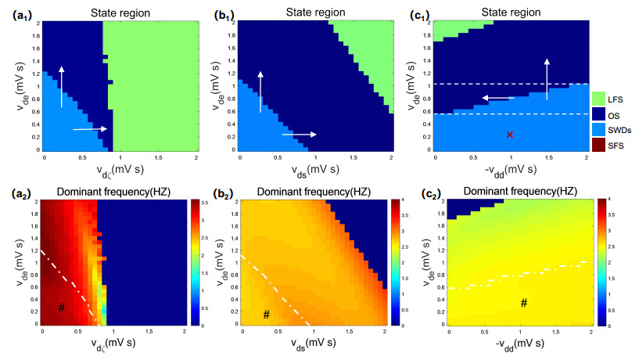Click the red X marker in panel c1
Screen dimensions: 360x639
click(x=510, y=135)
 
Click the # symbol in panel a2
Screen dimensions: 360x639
click(x=62, y=308)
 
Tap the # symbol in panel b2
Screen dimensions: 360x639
click(x=266, y=315)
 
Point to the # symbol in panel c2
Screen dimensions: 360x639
click(x=524, y=302)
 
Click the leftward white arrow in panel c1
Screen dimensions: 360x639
click(x=497, y=98)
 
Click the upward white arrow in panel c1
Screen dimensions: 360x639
click(x=547, y=78)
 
